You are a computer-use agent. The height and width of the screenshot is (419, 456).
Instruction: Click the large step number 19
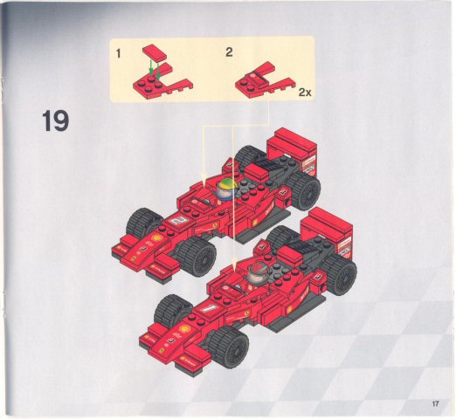pyautogui.click(x=55, y=121)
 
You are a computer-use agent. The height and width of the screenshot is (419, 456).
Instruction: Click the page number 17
pyautogui.click(x=435, y=403)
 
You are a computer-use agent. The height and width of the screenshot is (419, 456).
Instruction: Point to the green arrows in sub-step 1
pyautogui.click(x=153, y=65)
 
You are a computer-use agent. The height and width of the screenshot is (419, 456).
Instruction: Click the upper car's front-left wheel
pyautogui.click(x=142, y=224)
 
